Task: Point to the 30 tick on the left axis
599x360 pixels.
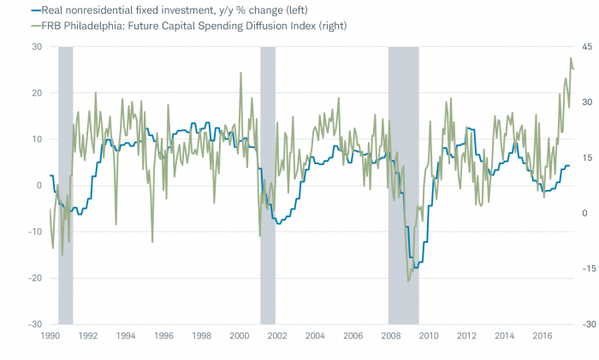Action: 37,46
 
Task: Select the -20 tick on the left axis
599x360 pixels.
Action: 35,278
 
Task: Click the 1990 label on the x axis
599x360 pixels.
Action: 50,337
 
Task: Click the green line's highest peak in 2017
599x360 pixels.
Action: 571,58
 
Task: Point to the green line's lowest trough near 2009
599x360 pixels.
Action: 408,280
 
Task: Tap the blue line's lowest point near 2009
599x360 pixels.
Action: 416,268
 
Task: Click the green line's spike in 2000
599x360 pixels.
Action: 240,73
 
